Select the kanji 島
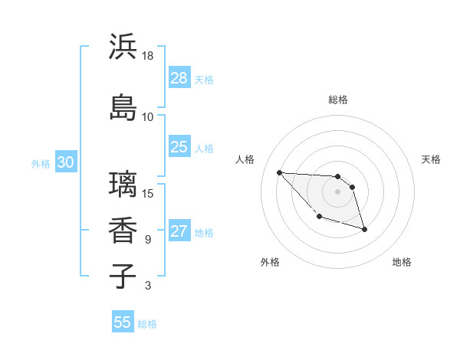[x=123, y=108]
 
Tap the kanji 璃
[x=123, y=185]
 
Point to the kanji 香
[x=123, y=231]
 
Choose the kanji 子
[x=123, y=276]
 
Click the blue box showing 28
[x=179, y=78]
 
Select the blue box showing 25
[x=179, y=147]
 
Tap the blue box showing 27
[x=179, y=231]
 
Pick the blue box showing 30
[x=65, y=162]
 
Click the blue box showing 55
[x=123, y=322]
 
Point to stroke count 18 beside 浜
[x=148, y=56]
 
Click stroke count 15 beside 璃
[x=148, y=193]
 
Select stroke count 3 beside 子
[x=148, y=286]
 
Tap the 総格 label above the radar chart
[x=338, y=100]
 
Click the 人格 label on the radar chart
[x=245, y=159]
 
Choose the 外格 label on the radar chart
[x=270, y=262]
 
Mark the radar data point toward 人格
[x=279, y=172]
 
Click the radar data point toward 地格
[x=364, y=229]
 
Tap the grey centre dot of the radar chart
[x=337, y=191]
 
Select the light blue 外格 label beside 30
[x=41, y=163]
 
